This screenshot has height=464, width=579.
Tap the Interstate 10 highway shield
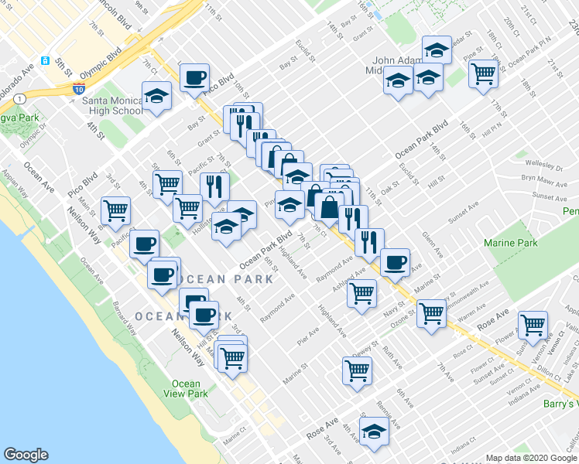79,89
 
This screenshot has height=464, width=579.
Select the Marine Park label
510,244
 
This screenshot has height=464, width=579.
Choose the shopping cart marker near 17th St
483,75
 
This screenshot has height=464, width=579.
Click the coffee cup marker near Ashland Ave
395,262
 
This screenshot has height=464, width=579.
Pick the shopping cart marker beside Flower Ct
533,325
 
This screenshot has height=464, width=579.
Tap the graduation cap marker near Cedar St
437,51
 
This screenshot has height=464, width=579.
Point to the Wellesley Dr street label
547,165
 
